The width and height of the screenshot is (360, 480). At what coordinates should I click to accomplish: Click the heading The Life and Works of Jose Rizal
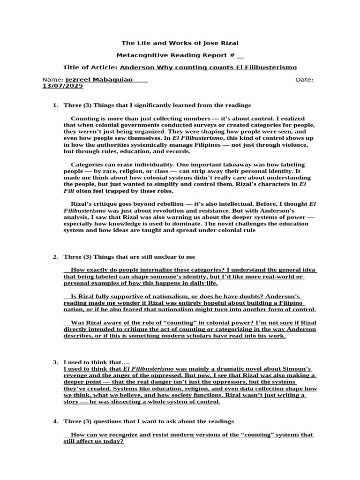(180, 43)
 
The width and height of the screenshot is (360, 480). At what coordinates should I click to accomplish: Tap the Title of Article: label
(90, 67)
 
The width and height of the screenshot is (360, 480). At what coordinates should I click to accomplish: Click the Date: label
(305, 80)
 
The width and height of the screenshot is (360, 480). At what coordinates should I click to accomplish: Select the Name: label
(52, 80)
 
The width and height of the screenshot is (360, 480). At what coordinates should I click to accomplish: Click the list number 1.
(55, 105)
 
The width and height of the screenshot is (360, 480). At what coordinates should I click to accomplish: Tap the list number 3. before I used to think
(55, 362)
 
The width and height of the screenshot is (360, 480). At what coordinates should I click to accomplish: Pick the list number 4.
(55, 421)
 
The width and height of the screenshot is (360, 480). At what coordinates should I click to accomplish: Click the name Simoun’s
(297, 369)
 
